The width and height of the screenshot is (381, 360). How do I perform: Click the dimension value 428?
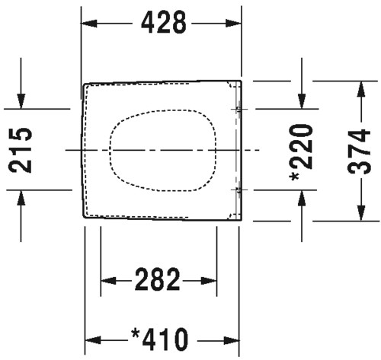pos(164,23)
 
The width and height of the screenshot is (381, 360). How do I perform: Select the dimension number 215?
pos(21,150)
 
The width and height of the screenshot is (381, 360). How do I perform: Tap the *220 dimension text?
pos(302,152)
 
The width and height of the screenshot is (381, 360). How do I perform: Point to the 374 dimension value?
pos(360,151)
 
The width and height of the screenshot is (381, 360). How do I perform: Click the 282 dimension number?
pos(158,279)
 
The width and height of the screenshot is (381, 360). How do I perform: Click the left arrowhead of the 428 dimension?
pos(89,23)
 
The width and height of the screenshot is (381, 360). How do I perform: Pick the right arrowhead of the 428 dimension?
pos(233,23)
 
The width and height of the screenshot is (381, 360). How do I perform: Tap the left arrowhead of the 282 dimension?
pos(109,281)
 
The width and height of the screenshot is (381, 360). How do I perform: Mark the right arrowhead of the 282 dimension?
pos(209,281)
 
